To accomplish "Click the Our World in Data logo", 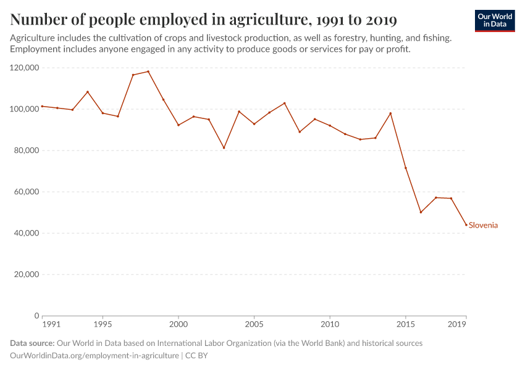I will click(x=494, y=20).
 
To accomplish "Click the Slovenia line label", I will click(x=483, y=225).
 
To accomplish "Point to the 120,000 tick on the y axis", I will click(x=25, y=68).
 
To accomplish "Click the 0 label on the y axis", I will click(x=37, y=316).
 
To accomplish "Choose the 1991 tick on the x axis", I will click(x=51, y=324).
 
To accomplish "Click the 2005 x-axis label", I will click(x=254, y=324).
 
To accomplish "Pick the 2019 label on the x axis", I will click(x=457, y=324).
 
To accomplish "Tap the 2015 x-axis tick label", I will click(x=406, y=324).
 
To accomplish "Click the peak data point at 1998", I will click(x=148, y=72).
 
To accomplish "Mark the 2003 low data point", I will click(x=224, y=147).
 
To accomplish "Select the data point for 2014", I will click(x=390, y=113).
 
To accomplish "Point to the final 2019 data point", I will click(x=466, y=224).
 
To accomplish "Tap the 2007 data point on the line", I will click(x=284, y=103).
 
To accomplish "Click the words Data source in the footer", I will click(x=32, y=343).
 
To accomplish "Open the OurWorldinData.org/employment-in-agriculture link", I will click(x=94, y=356).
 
